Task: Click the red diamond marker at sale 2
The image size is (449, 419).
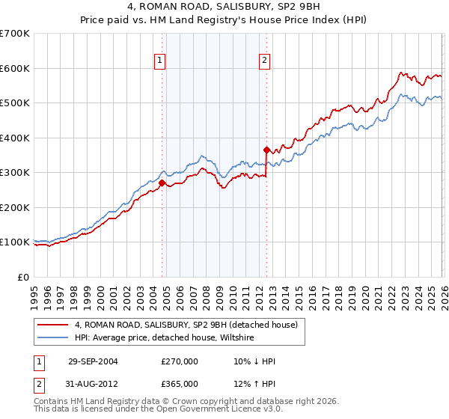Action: pos(266,150)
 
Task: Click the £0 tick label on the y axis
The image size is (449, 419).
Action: pos(23,277)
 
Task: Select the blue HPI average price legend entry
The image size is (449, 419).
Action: pos(164,338)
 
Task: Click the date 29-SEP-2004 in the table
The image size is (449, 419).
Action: pos(93,361)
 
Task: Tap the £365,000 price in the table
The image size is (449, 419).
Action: pos(180,383)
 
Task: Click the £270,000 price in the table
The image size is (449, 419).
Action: pos(180,361)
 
